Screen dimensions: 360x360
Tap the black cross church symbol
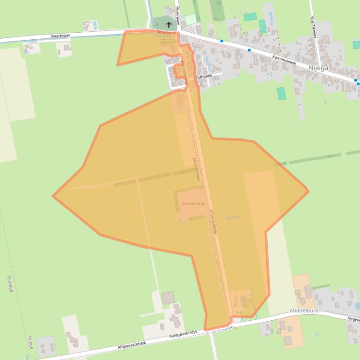(169, 24)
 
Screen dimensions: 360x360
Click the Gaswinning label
(192, 203)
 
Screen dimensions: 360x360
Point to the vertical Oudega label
(10, 283)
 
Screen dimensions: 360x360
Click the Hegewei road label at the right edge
(353, 319)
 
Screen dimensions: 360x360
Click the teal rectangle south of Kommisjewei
(281, 93)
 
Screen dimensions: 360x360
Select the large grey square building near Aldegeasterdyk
(168, 298)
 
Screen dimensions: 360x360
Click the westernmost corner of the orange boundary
(53, 196)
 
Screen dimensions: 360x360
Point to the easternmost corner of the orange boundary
(308, 191)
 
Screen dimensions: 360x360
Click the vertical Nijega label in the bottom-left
(30, 345)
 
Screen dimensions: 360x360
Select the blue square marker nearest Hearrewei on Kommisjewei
(221, 41)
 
